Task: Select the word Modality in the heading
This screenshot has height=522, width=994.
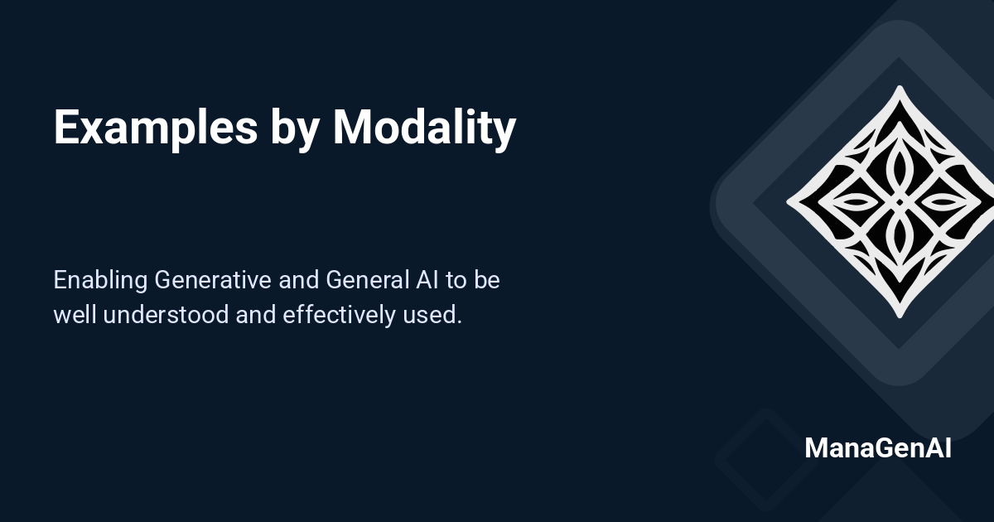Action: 424,128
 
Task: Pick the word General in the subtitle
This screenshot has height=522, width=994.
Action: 364,280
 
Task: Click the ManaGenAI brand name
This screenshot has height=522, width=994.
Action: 877,448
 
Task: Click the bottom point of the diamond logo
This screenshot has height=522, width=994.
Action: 900,316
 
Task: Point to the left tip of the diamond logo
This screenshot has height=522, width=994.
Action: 788,201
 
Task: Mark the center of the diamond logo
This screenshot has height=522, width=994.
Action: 900,201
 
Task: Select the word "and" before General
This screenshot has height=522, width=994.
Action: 298,280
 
